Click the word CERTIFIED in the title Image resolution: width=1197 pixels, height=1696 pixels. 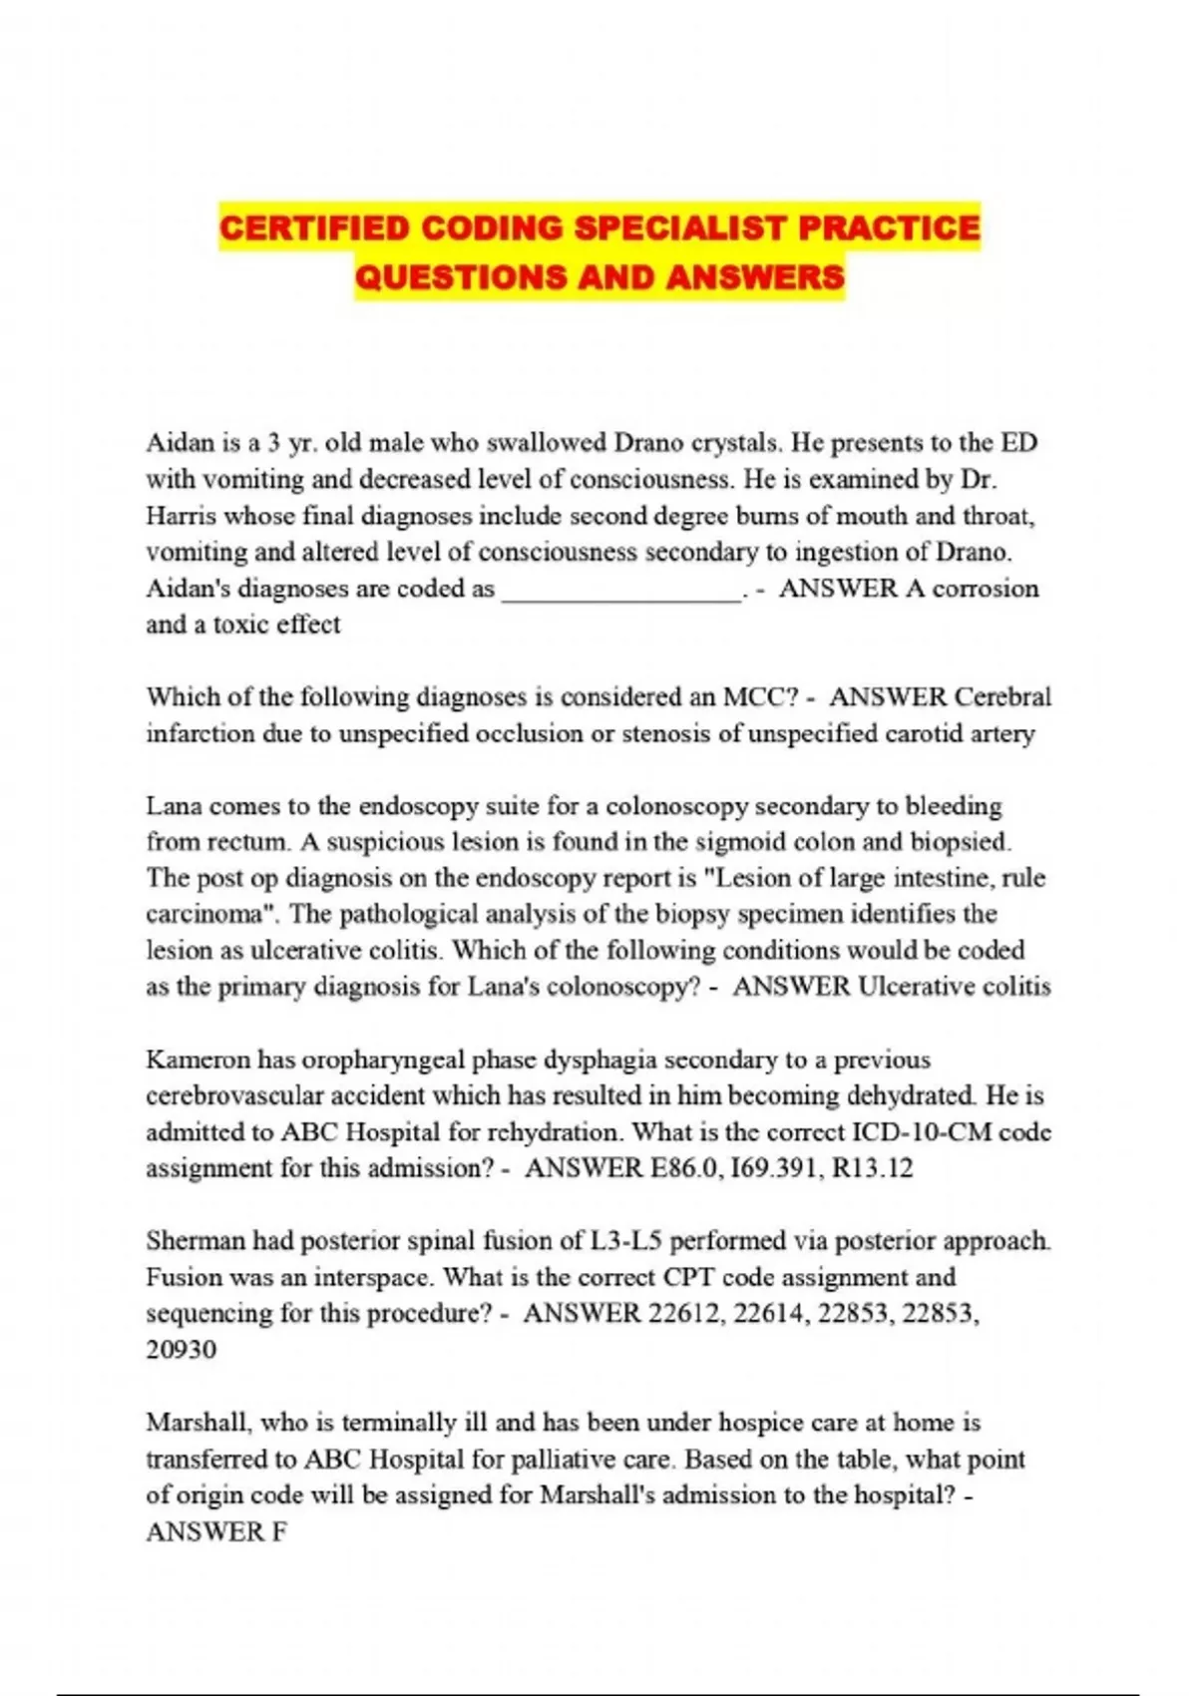314,228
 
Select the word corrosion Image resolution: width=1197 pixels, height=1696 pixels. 986,589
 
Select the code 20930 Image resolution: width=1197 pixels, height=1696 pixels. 181,1350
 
